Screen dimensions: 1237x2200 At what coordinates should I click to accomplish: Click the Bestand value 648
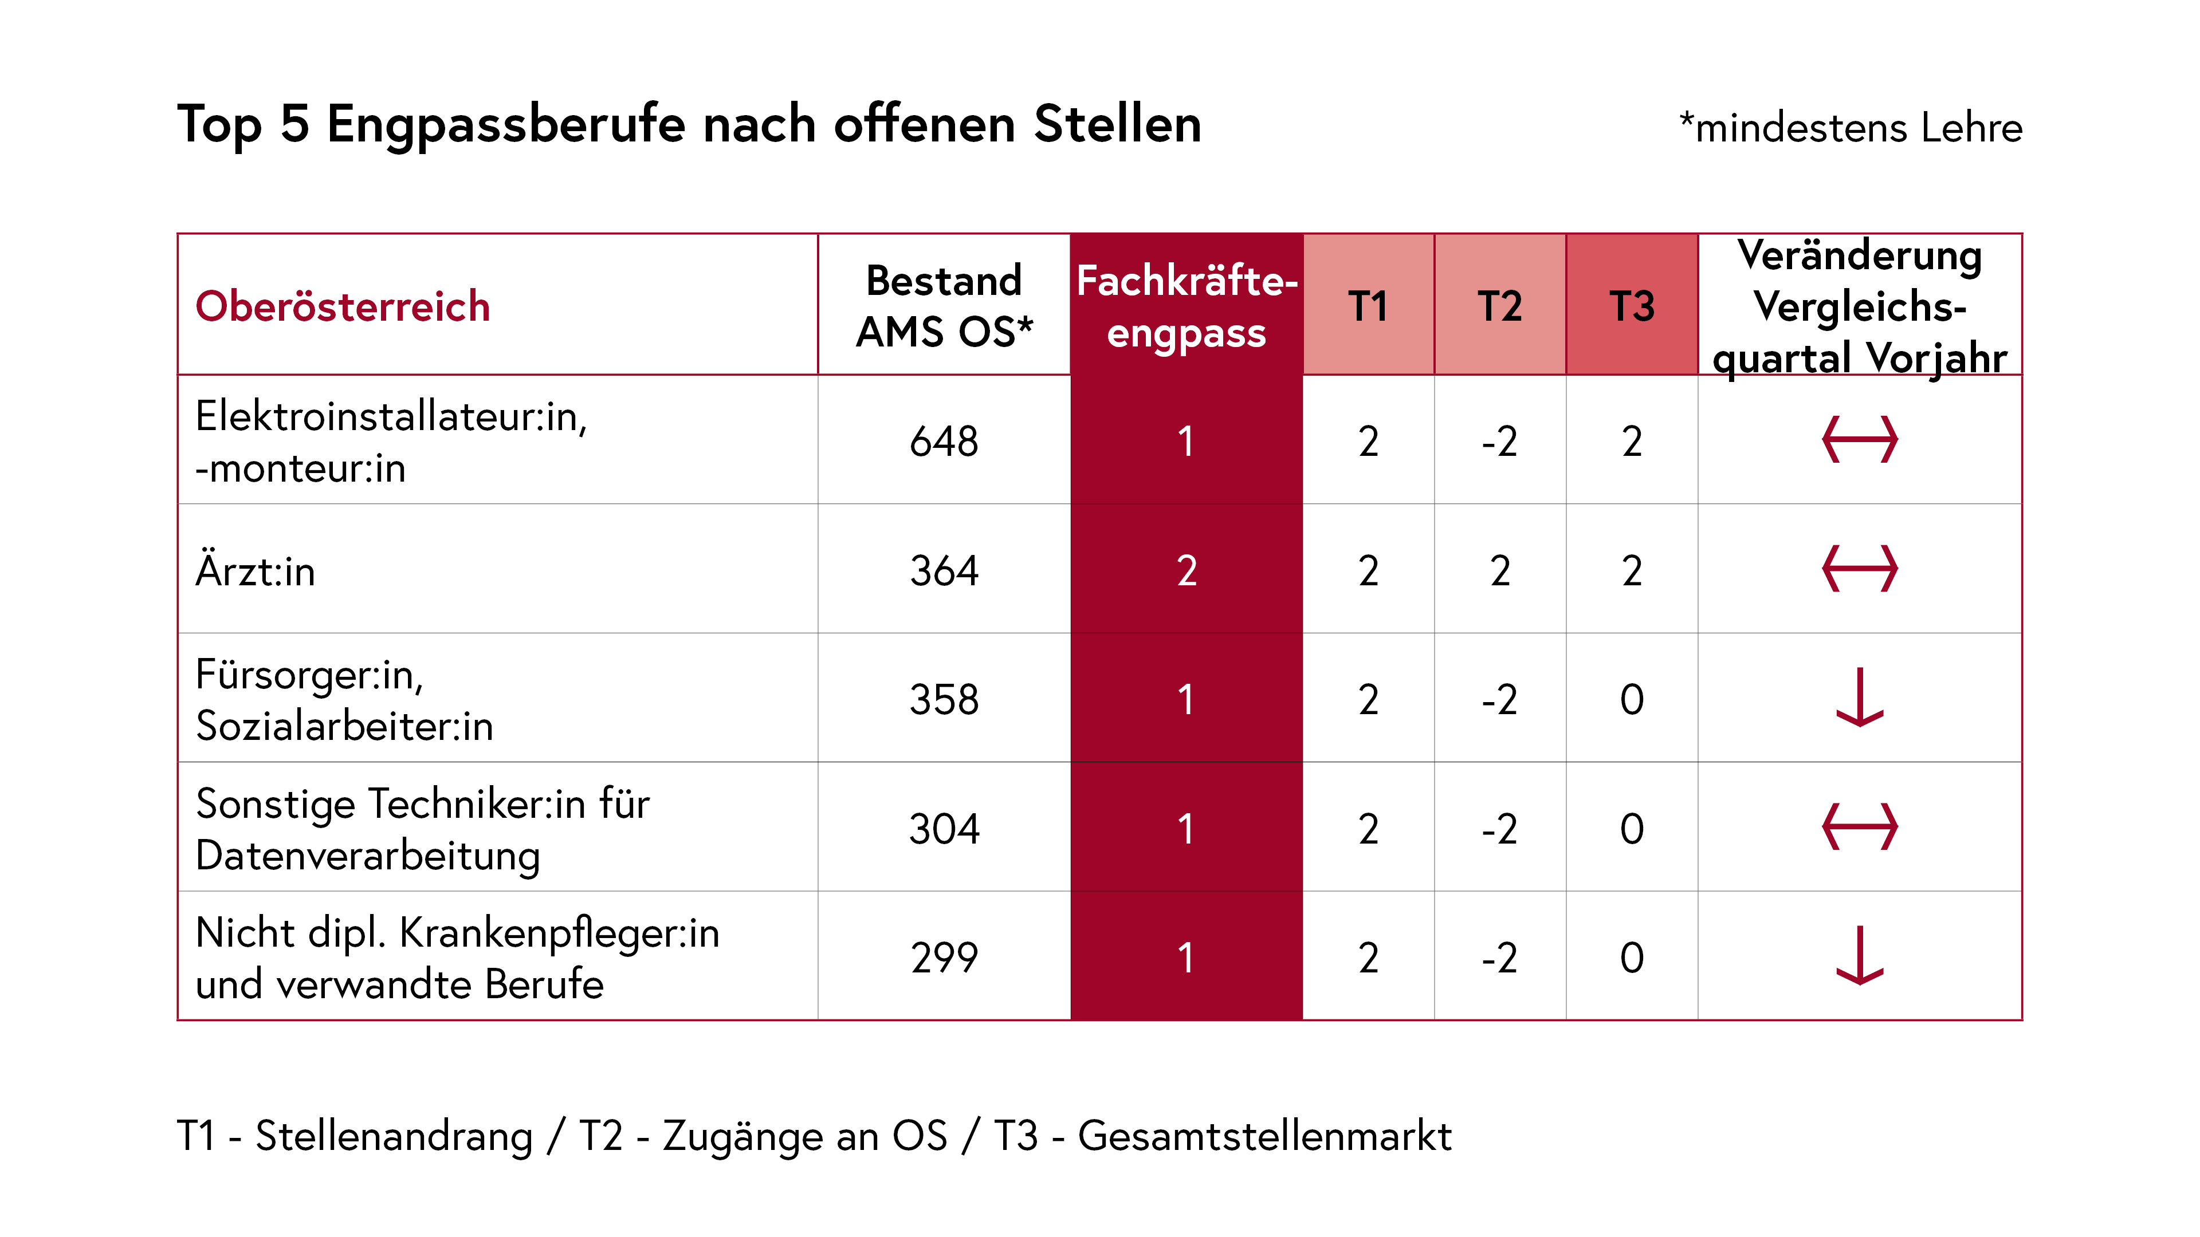pyautogui.click(x=944, y=442)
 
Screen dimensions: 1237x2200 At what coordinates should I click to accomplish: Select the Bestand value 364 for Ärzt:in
pyautogui.click(x=944, y=570)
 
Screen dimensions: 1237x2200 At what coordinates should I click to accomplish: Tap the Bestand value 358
pyautogui.click(x=944, y=699)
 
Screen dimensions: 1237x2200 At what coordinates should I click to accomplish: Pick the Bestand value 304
pyautogui.click(x=944, y=828)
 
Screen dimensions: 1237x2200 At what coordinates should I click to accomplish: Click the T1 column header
pyautogui.click(x=1368, y=306)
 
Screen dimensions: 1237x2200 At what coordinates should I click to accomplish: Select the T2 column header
pyautogui.click(x=1500, y=306)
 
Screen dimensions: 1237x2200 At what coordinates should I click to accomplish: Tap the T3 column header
pyautogui.click(x=1631, y=306)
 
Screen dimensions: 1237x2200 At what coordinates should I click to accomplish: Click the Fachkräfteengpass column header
pyautogui.click(x=1187, y=306)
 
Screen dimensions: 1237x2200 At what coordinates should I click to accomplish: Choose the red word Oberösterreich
pyautogui.click(x=343, y=306)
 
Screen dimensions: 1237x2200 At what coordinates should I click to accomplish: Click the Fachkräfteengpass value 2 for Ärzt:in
pyautogui.click(x=1187, y=570)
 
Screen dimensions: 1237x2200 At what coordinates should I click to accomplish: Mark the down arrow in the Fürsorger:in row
pyautogui.click(x=1859, y=698)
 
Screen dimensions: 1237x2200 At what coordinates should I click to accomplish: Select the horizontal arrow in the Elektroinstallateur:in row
pyautogui.click(x=1859, y=440)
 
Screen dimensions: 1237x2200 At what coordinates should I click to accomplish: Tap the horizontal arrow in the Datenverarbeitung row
pyautogui.click(x=1859, y=826)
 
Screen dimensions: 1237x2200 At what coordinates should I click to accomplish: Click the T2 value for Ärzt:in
pyautogui.click(x=1500, y=570)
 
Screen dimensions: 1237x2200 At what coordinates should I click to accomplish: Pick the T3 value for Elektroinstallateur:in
pyautogui.click(x=1631, y=442)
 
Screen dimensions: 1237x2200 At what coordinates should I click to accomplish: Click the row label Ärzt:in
pyautogui.click(x=256, y=570)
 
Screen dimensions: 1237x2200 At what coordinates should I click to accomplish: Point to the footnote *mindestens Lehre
pyautogui.click(x=1850, y=128)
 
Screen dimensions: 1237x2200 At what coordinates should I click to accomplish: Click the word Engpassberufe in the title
pyautogui.click(x=505, y=125)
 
